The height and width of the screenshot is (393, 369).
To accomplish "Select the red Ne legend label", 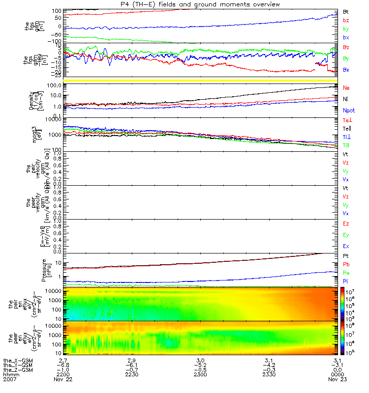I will coord(346,87).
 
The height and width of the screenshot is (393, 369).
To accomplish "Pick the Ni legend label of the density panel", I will coord(346,99).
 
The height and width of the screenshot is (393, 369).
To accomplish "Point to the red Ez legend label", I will coord(346,224).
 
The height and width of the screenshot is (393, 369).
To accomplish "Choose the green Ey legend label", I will coord(346,235).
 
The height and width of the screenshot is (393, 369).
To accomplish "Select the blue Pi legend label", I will coord(346,281).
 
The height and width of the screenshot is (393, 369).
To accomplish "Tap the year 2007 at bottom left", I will coord(9,380).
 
